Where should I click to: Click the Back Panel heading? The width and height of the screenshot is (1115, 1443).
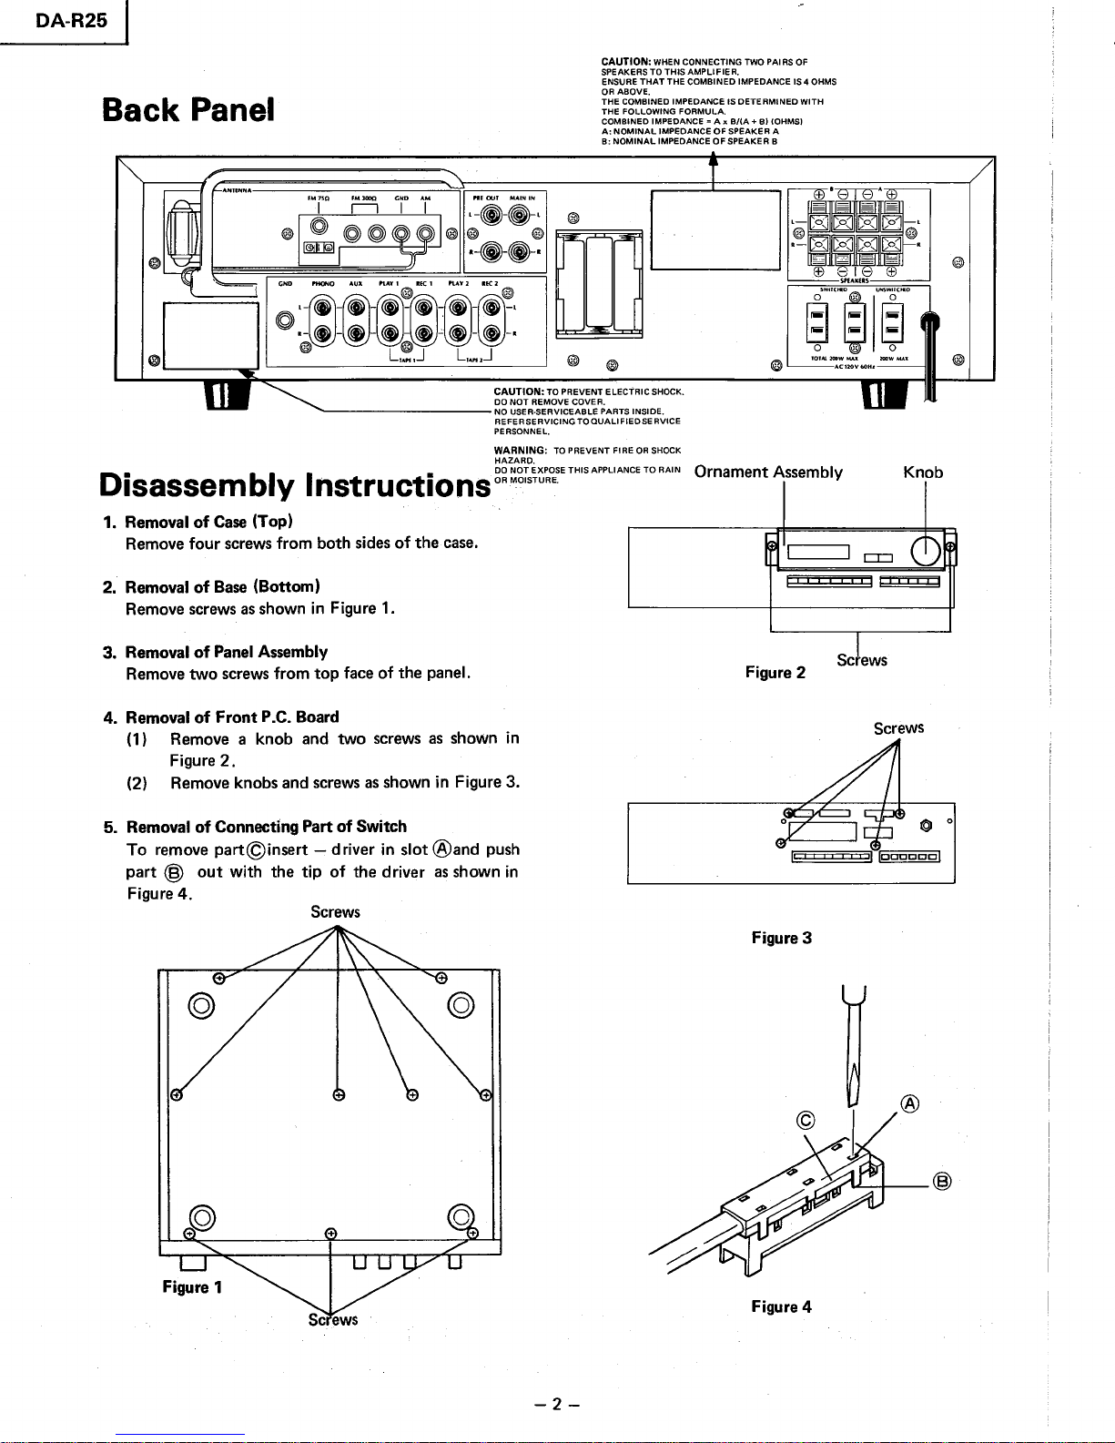[188, 110]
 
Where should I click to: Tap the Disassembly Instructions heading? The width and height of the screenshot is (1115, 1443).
[293, 485]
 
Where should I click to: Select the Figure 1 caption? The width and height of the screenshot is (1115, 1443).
[192, 1286]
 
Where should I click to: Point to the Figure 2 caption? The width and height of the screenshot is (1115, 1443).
[775, 673]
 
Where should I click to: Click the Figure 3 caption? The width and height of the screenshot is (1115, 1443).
[781, 938]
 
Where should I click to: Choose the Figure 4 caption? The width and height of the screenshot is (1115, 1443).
[781, 1307]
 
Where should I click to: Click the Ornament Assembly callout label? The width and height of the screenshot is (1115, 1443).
[767, 473]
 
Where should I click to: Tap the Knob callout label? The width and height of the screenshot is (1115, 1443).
[923, 473]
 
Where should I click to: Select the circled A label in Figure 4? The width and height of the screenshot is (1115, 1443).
[909, 1104]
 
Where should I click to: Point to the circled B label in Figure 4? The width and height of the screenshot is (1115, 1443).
[942, 1183]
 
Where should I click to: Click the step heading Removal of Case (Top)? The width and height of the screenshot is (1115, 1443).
[208, 522]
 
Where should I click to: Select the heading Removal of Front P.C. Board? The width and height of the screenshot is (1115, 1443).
[231, 717]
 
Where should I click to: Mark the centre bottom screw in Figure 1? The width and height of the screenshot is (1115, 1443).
[330, 1234]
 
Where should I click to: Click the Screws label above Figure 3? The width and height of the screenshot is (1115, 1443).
[898, 728]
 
